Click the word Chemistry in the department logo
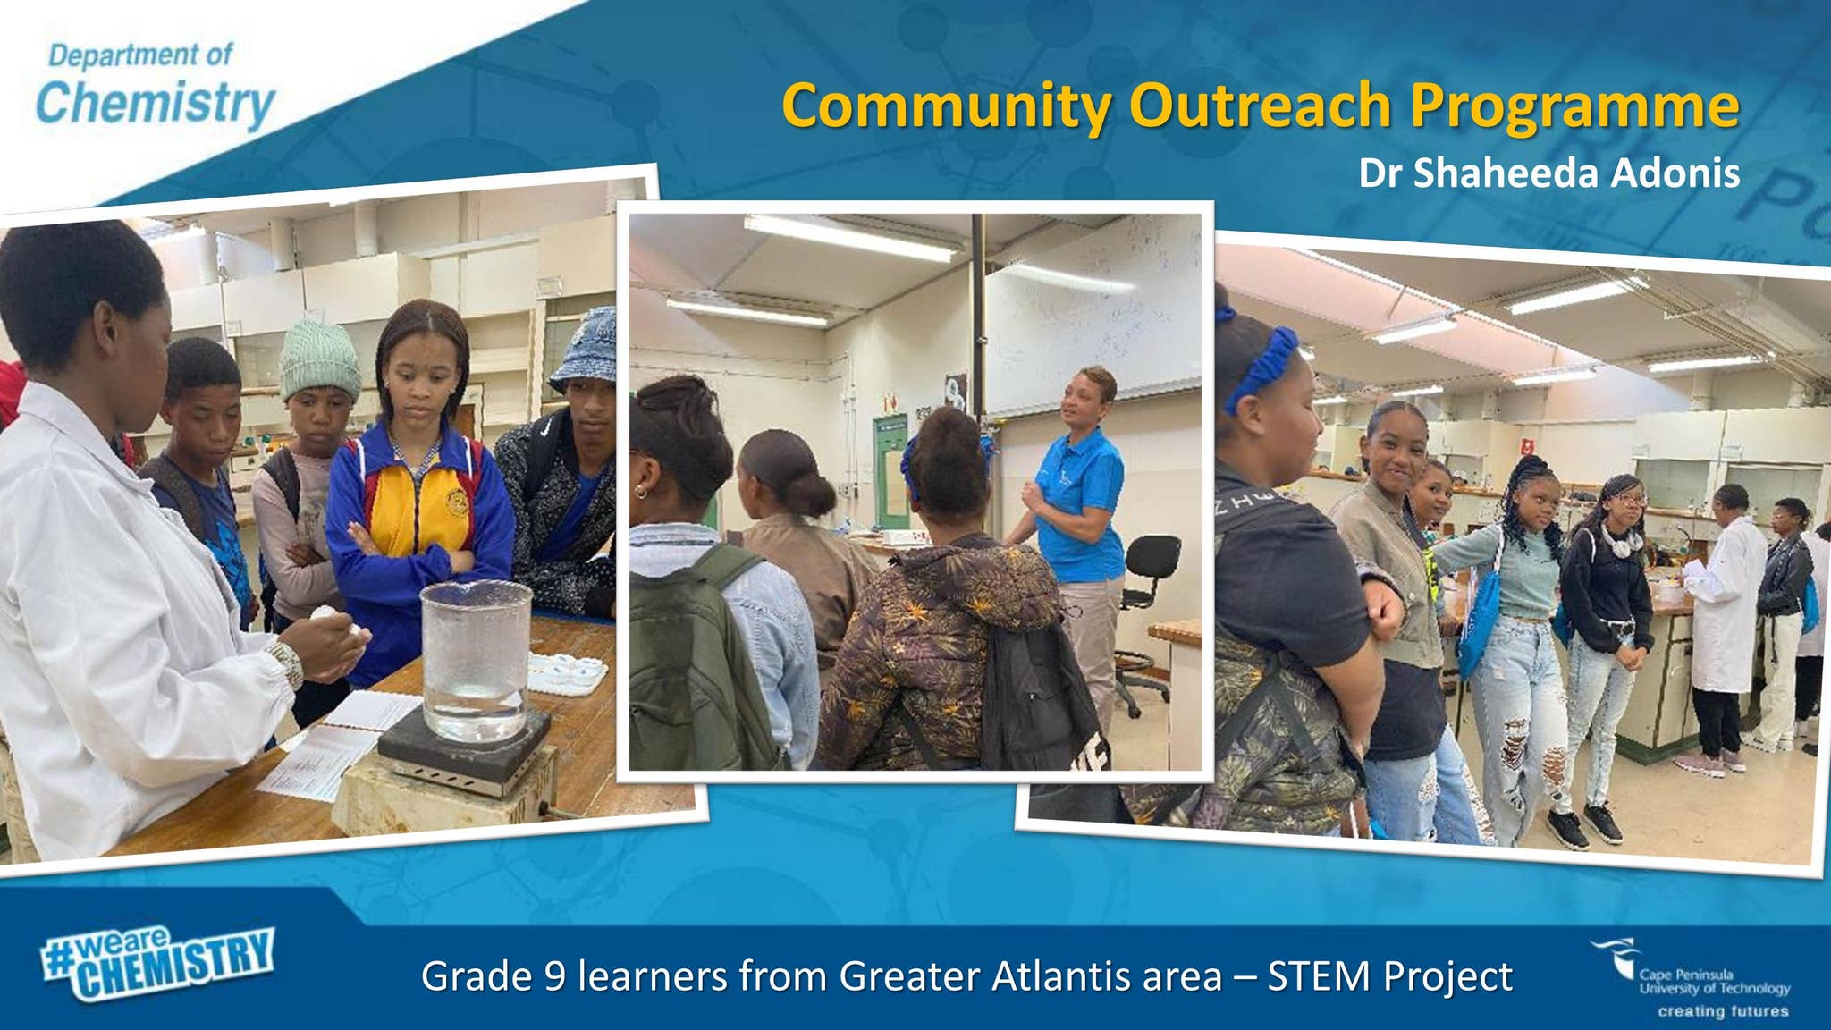[155, 104]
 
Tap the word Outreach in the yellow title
[1260, 106]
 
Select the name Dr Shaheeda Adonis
[1548, 173]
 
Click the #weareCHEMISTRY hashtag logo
[157, 963]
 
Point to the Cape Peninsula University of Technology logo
[1690, 978]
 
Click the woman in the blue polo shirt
[1073, 528]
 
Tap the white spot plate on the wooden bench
[567, 673]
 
